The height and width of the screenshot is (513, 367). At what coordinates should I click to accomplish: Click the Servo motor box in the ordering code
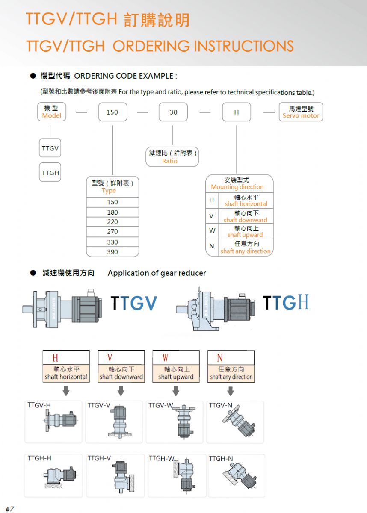[x=301, y=112]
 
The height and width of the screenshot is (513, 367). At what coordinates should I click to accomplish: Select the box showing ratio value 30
[x=173, y=112]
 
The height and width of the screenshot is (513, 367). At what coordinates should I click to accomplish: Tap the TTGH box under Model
[x=50, y=172]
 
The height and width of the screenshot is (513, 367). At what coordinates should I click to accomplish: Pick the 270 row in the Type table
[x=112, y=232]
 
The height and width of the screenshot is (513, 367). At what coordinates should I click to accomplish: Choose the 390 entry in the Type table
[x=112, y=252]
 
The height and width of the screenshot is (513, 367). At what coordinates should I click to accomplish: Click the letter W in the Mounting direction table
[x=212, y=230]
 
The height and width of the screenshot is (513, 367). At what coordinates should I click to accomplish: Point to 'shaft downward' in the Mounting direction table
[x=246, y=220]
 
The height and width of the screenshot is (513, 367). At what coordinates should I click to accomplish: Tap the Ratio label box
[x=172, y=156]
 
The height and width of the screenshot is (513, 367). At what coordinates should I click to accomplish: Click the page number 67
[x=10, y=509]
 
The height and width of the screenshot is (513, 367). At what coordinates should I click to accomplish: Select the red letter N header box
[x=231, y=357]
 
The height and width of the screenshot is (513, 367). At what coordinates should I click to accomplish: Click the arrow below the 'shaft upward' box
[x=176, y=391]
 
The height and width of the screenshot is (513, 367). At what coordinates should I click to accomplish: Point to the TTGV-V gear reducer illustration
[x=120, y=422]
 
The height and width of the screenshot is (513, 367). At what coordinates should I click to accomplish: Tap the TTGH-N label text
[x=221, y=458]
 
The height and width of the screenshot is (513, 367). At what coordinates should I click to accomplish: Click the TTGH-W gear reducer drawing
[x=184, y=475]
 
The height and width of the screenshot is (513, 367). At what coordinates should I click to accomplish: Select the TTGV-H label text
[x=39, y=405]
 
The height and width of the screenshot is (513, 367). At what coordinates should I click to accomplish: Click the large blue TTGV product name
[x=134, y=303]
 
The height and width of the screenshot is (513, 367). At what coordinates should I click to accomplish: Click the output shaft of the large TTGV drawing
[x=28, y=310]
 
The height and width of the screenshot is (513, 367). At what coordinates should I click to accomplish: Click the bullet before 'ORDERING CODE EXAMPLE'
[x=33, y=76]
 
